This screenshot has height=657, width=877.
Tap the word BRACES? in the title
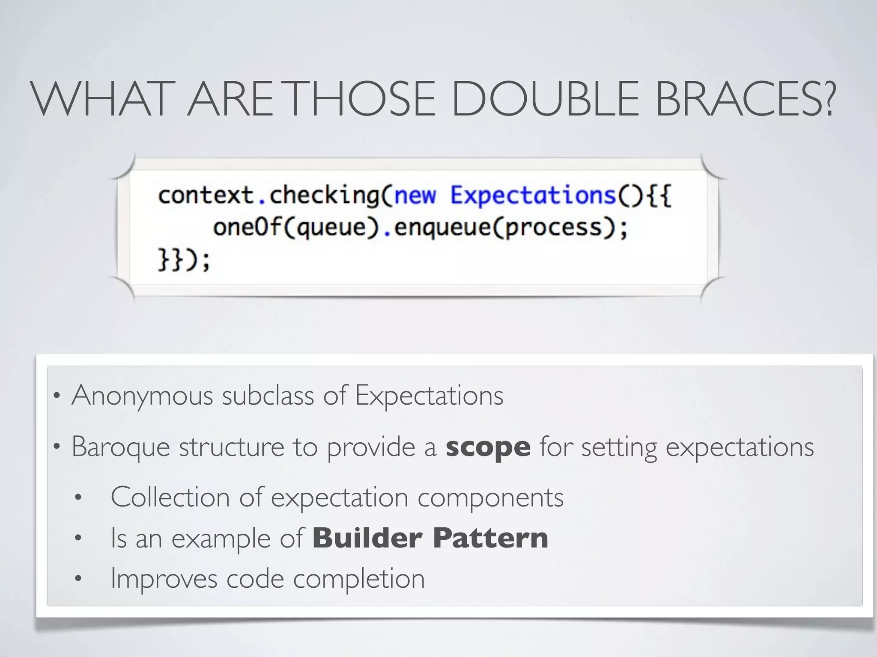[x=745, y=99]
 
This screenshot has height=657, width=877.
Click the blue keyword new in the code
[x=415, y=195]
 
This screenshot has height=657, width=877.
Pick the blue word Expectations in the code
[x=533, y=195]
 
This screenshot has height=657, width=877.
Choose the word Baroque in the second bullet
[x=121, y=447]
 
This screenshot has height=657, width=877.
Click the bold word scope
[x=488, y=447]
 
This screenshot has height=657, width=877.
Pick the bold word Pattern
[x=490, y=538]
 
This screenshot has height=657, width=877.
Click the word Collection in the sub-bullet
[x=170, y=497]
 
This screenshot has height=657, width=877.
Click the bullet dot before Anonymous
[x=56, y=396]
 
